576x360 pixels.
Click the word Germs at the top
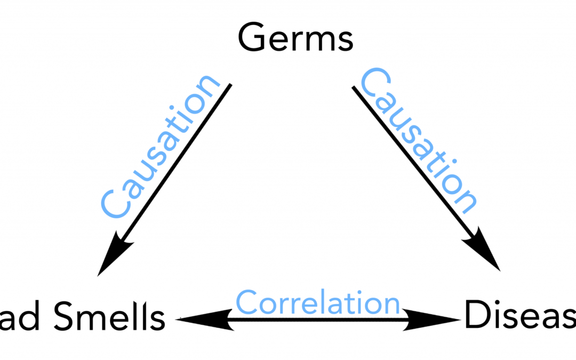295,38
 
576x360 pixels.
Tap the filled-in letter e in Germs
275,42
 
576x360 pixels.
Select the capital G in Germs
252,38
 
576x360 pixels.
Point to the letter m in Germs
318,42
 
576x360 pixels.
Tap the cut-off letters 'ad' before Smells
22,319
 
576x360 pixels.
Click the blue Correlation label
318,302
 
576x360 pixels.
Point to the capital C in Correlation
246,302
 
